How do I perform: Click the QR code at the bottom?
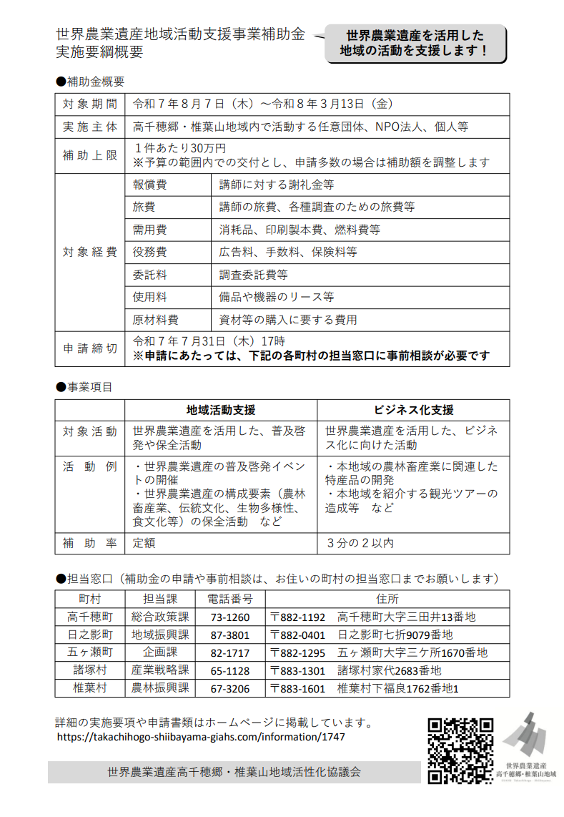pos(460,750)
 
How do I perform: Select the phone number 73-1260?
pos(230,617)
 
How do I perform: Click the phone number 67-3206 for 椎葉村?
pos(230,688)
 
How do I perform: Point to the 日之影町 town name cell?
pos(90,635)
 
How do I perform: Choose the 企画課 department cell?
pos(159,652)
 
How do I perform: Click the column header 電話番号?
pos(230,598)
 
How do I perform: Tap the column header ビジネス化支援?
pos(413,410)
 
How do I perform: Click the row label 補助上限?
pos(90,155)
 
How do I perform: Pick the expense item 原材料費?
pos(155,320)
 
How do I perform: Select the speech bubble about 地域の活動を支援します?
pos(415,44)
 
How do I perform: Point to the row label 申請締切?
pos(90,348)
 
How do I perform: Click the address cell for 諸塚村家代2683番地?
pos(390,670)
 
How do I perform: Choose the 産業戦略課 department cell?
pos(159,670)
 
